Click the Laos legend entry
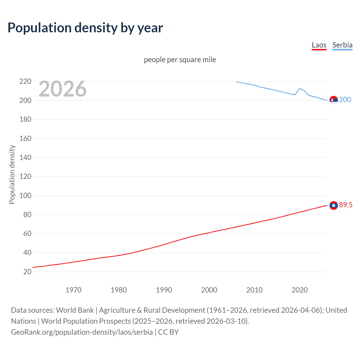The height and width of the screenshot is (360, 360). (319, 45)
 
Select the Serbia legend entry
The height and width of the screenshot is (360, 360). (342, 45)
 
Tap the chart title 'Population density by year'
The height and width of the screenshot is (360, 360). (85, 28)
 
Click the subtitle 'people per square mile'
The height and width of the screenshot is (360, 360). (180, 60)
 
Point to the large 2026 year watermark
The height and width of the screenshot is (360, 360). (62, 89)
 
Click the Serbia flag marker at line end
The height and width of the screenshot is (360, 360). (334, 100)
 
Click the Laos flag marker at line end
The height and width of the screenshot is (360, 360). (334, 206)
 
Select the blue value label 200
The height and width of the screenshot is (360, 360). (345, 100)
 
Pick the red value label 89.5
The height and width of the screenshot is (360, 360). (346, 205)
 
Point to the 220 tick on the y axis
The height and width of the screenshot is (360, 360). (25, 82)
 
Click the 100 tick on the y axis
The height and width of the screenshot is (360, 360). (25, 195)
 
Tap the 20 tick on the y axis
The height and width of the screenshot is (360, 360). (27, 272)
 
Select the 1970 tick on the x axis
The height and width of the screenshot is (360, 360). (73, 290)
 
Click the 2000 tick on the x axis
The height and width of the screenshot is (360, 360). (209, 290)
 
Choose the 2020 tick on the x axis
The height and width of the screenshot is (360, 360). (300, 290)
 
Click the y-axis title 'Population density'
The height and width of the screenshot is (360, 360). (12, 174)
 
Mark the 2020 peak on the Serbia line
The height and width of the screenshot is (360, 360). (300, 88)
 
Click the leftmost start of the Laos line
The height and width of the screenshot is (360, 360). (33, 267)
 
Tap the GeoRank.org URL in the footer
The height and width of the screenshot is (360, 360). (82, 332)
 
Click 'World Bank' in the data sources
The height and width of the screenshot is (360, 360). (75, 310)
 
